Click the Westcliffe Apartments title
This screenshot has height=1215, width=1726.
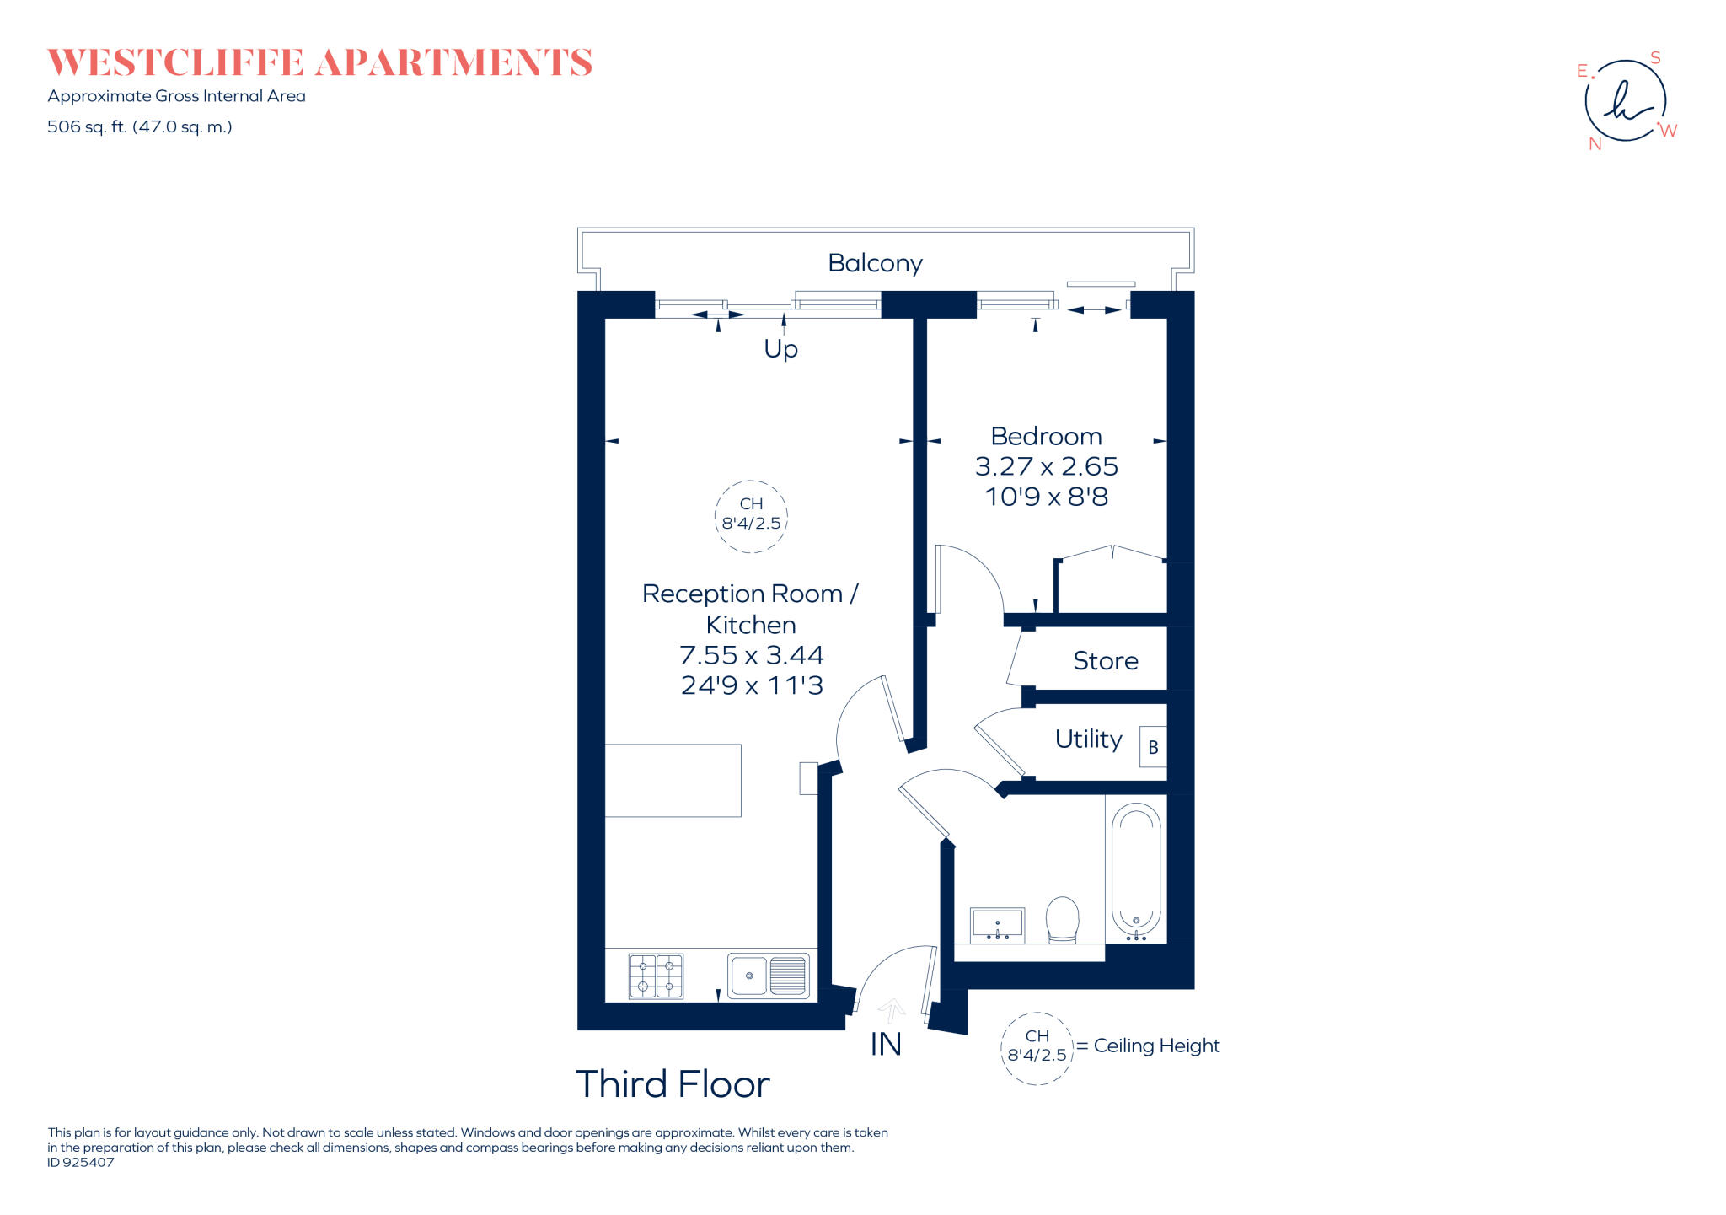click(319, 63)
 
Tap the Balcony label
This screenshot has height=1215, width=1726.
click(875, 263)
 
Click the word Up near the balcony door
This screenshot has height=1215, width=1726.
click(780, 349)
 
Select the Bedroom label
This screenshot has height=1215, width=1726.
click(1046, 436)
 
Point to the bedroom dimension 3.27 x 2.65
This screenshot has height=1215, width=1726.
click(1046, 466)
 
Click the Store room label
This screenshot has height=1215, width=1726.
click(1105, 660)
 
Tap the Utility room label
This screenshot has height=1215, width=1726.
click(1088, 739)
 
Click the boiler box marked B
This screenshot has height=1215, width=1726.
click(1153, 747)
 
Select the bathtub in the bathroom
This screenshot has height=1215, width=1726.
click(1136, 870)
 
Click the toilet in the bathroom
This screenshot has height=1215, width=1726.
click(1063, 919)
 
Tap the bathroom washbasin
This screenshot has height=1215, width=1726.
click(997, 925)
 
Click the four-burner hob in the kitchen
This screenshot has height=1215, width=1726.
click(656, 976)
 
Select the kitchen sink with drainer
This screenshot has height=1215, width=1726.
click(768, 976)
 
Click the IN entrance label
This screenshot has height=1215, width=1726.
click(886, 1044)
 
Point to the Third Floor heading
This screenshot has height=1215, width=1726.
click(673, 1084)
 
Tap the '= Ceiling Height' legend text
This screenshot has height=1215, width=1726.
click(1148, 1046)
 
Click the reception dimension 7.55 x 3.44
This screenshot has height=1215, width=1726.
click(751, 655)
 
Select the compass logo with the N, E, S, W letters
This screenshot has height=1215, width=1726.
click(1627, 101)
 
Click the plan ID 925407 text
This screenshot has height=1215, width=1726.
click(81, 1162)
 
